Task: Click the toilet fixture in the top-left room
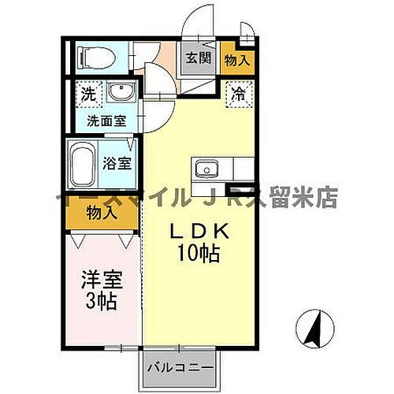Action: [95, 57]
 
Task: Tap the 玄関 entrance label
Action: [198, 58]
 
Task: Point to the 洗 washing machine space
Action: [87, 94]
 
